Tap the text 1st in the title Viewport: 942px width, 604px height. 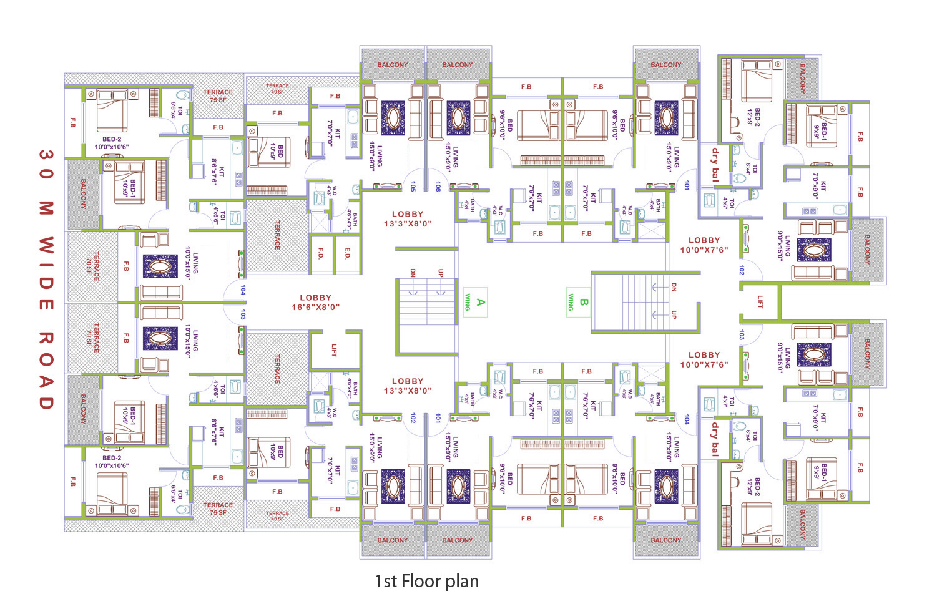tap(385, 582)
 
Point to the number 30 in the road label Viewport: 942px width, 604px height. tap(46, 164)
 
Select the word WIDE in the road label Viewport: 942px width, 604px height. tap(46, 273)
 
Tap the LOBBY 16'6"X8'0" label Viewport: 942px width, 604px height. tap(315, 303)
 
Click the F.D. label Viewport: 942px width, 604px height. tap(321, 253)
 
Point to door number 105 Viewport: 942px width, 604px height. tap(413, 186)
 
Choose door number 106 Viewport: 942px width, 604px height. tap(438, 186)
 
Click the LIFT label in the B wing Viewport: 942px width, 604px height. tap(760, 301)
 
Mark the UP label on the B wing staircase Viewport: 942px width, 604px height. tap(674, 314)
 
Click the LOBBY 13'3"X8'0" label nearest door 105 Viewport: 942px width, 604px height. tap(408, 218)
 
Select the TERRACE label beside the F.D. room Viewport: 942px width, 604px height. tap(277, 235)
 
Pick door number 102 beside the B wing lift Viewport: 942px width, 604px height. tap(742, 270)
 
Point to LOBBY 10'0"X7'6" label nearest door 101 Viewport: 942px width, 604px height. tap(704, 245)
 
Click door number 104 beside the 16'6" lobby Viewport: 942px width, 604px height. tap(243, 290)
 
